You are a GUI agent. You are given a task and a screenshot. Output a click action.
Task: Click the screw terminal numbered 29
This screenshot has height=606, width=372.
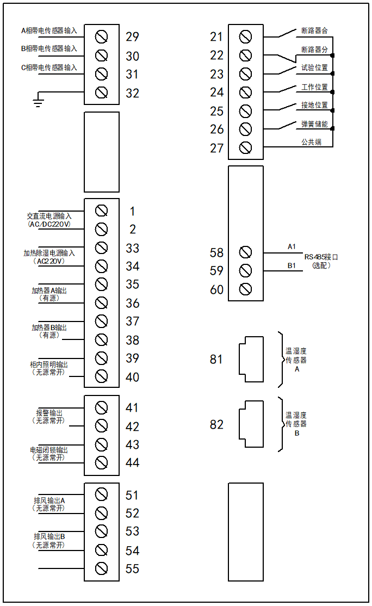[x=101, y=37]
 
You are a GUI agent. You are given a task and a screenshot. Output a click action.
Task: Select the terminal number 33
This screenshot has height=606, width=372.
[x=132, y=248]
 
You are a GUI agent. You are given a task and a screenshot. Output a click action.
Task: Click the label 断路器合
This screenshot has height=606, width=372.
[x=314, y=30]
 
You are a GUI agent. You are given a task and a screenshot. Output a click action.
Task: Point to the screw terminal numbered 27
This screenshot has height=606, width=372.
[x=245, y=148]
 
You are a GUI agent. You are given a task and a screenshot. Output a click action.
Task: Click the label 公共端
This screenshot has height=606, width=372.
[x=311, y=142]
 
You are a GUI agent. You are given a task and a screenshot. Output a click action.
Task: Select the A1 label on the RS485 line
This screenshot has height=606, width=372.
[x=292, y=246]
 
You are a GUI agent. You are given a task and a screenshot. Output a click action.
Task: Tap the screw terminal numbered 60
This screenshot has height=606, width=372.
[x=245, y=289]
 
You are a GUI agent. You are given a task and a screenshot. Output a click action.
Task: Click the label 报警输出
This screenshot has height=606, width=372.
[x=49, y=413]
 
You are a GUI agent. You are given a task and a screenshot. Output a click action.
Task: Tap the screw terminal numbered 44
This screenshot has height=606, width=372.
[x=101, y=463]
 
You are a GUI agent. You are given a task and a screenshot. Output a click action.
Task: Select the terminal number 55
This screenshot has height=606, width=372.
[x=132, y=569]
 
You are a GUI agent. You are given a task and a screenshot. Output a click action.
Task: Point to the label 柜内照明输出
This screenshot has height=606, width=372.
[x=49, y=364]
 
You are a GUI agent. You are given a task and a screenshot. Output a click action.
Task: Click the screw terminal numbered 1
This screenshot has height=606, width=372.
[x=101, y=211]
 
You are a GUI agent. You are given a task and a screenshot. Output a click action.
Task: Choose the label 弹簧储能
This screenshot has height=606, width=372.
[x=314, y=124]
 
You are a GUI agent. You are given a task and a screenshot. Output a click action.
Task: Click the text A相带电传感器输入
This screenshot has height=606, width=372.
[x=49, y=30]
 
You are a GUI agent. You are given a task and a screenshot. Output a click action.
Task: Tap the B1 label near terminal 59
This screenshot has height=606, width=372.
[x=292, y=265]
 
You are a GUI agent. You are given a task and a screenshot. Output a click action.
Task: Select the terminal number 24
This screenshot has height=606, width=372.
[x=217, y=92]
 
